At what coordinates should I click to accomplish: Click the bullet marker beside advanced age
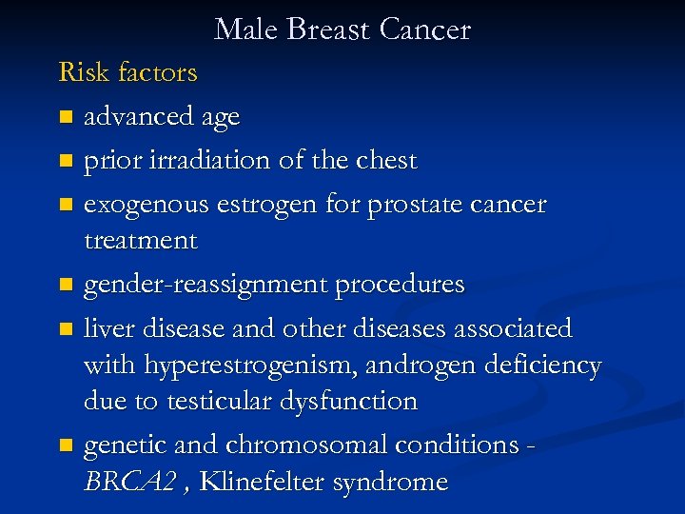65,118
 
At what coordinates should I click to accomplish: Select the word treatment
141,240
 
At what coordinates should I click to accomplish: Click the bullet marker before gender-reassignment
65,285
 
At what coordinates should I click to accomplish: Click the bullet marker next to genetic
65,445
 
